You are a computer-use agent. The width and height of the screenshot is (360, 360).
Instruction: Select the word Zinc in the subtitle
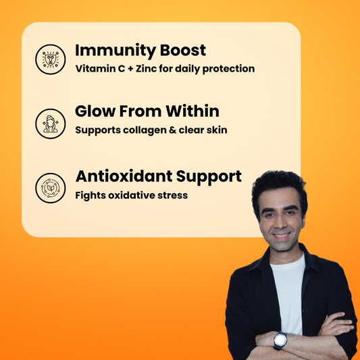tap(145, 69)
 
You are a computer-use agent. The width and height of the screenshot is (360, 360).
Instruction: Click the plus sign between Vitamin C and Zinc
tap(128, 69)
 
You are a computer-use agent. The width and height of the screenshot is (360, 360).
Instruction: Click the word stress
tap(172, 195)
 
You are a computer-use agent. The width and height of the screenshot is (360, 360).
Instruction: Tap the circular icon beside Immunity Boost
tap(50, 59)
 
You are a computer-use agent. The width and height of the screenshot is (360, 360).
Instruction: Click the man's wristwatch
tap(280, 340)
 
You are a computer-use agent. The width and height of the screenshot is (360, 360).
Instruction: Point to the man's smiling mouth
tap(281, 236)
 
